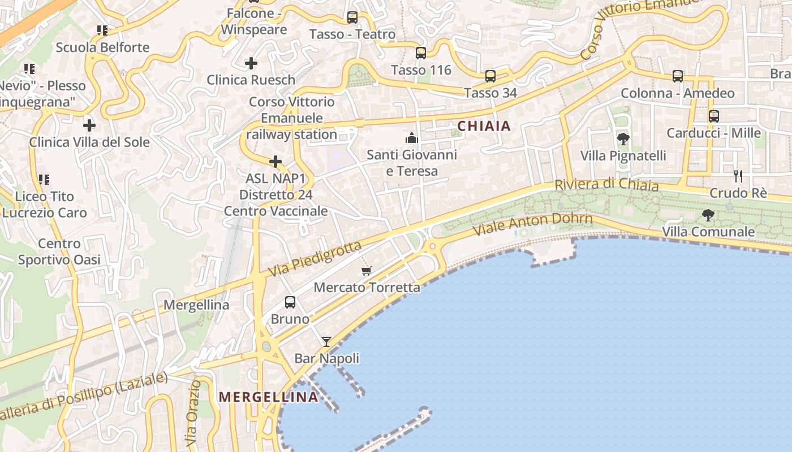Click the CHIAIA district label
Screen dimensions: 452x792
484,126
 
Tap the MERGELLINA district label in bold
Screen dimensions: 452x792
269,397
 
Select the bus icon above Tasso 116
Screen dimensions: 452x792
421,53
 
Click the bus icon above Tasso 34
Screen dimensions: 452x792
490,76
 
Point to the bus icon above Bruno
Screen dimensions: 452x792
290,302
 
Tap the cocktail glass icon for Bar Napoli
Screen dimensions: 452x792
326,341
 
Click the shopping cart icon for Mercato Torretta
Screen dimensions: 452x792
367,271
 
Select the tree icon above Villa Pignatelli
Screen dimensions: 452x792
623,138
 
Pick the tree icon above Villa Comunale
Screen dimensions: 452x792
708,215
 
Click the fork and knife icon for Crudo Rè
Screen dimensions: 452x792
738,176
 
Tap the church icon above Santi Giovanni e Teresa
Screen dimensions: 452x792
411,137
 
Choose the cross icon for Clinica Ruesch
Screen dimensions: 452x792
251,63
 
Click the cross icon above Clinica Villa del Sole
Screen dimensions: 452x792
89,125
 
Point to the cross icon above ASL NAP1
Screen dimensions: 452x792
276,162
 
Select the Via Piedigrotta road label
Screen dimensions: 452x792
315,259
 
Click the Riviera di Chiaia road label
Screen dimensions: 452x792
606,185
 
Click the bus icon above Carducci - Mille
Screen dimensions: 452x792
714,116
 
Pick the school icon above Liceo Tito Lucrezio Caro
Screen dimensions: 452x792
44,180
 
